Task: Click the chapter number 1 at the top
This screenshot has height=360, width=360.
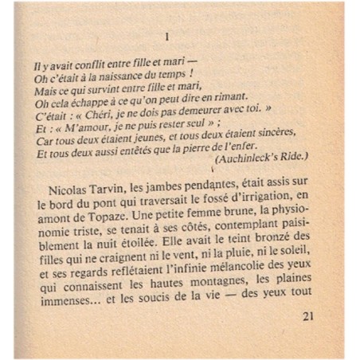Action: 166,37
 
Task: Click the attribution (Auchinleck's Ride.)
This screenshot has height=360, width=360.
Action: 260,156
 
